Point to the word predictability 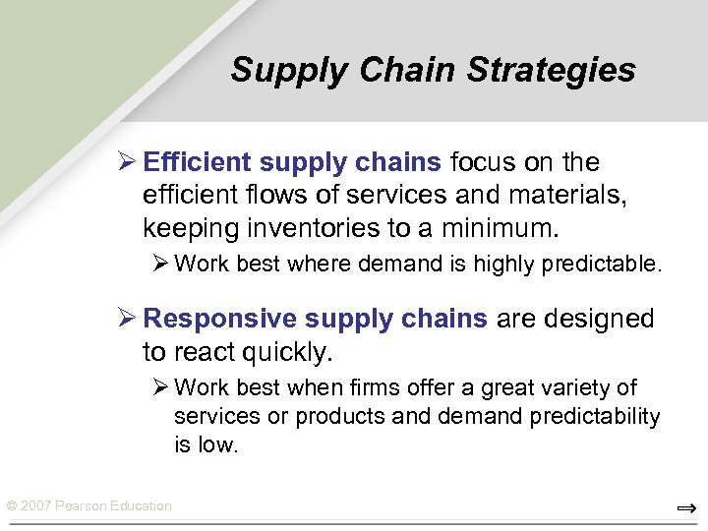tap(595, 417)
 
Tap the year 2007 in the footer tap(35, 506)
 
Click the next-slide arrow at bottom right tap(686, 508)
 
